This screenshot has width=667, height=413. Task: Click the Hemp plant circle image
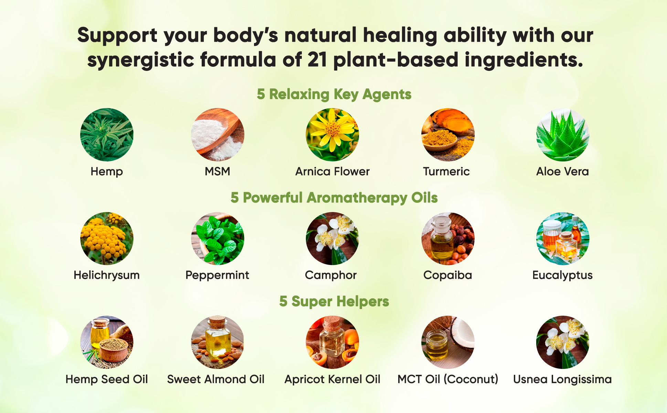pyautogui.click(x=107, y=135)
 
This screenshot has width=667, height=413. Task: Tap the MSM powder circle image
pyautogui.click(x=218, y=135)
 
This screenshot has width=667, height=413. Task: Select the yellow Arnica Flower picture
pyautogui.click(x=332, y=135)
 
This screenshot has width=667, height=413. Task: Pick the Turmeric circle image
pyautogui.click(x=448, y=135)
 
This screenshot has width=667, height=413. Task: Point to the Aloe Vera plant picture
pyautogui.click(x=563, y=135)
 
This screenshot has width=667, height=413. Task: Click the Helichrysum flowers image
pyautogui.click(x=107, y=239)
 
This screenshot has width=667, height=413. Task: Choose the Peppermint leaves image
pyautogui.click(x=218, y=239)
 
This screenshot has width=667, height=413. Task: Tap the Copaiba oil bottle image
pyautogui.click(x=448, y=239)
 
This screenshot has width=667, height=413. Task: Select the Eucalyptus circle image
pyautogui.click(x=563, y=239)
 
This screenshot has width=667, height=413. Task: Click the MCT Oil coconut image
pyautogui.click(x=448, y=342)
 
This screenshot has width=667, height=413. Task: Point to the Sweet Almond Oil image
pyautogui.click(x=218, y=342)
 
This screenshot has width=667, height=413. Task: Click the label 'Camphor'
pyautogui.click(x=331, y=275)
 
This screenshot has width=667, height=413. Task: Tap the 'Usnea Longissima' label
pyautogui.click(x=562, y=379)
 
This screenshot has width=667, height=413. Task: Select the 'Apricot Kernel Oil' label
pyautogui.click(x=332, y=379)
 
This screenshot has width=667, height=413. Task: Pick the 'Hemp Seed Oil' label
pyautogui.click(x=107, y=379)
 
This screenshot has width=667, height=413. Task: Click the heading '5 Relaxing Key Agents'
pyautogui.click(x=334, y=94)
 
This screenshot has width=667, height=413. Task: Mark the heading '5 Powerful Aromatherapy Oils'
pyautogui.click(x=334, y=198)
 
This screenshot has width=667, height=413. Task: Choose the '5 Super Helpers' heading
pyautogui.click(x=334, y=301)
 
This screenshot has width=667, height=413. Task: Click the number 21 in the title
pyautogui.click(x=317, y=60)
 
